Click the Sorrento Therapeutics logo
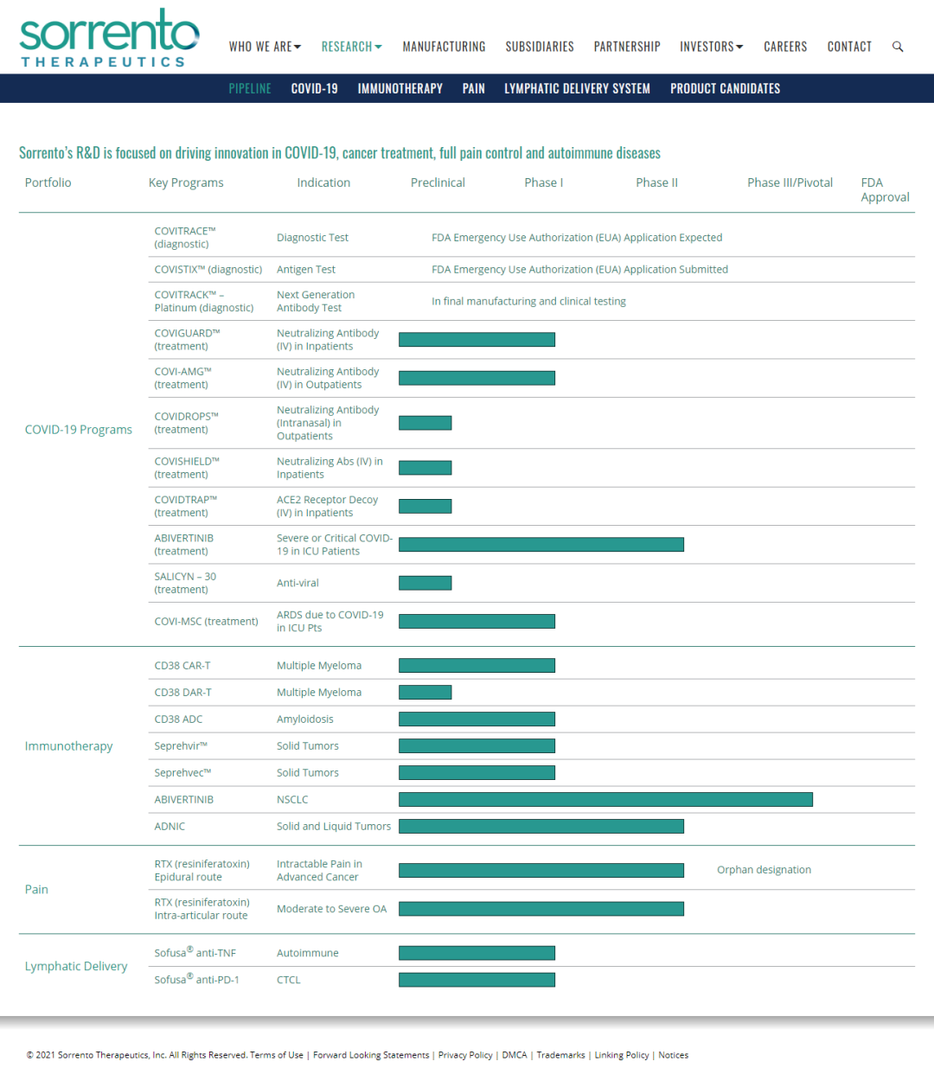[x=109, y=38]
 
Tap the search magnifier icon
[x=898, y=47]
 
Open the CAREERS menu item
[x=785, y=47]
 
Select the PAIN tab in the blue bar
[x=473, y=88]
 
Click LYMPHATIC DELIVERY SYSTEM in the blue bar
[x=577, y=88]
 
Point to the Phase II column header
[x=656, y=182]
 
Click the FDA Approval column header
[x=885, y=190]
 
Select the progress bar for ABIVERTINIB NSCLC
[x=605, y=799]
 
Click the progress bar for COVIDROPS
[x=425, y=423]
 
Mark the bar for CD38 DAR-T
[x=425, y=692]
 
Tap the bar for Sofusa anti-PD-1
[x=477, y=980]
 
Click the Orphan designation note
[x=764, y=870]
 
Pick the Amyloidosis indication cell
[x=305, y=719]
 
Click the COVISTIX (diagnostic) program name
[x=208, y=269]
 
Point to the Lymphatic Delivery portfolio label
[x=76, y=966]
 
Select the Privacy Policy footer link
[x=465, y=1055]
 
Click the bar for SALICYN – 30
[x=425, y=583]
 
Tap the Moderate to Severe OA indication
[x=332, y=909]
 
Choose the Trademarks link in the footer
[x=560, y=1055]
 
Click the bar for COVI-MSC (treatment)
[x=477, y=621]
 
